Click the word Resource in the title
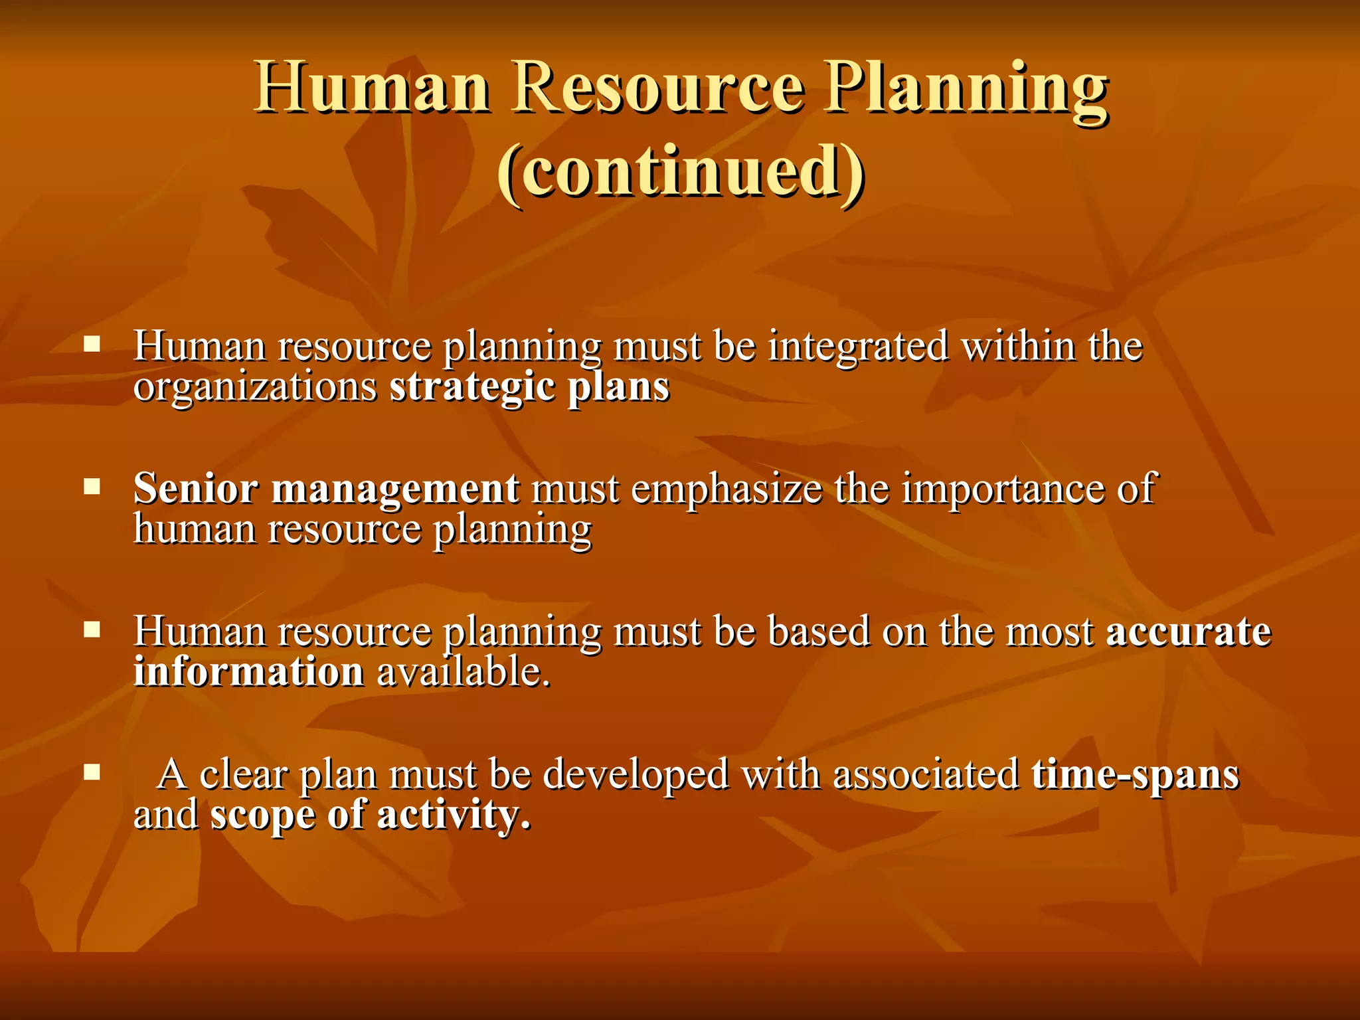click(x=657, y=88)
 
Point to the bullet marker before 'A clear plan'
click(x=92, y=772)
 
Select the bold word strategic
click(x=471, y=388)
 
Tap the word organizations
click(x=255, y=388)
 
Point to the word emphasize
click(x=726, y=490)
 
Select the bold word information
click(x=248, y=671)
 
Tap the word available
click(x=464, y=671)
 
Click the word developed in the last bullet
click(x=636, y=775)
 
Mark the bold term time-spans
click(x=1135, y=775)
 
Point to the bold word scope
click(x=262, y=816)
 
